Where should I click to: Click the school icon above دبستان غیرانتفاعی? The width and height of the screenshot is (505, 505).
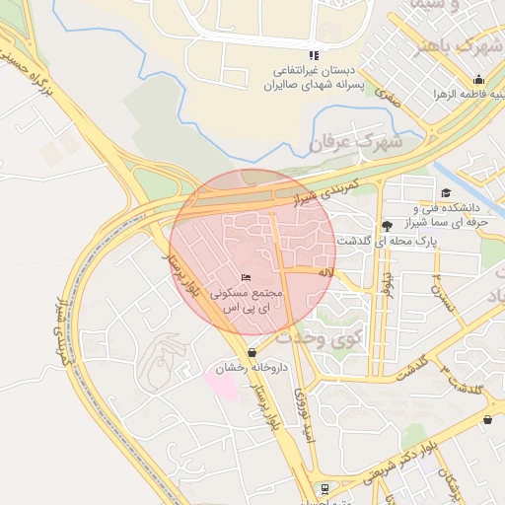(x=314, y=55)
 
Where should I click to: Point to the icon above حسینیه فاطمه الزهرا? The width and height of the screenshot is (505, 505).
(x=478, y=80)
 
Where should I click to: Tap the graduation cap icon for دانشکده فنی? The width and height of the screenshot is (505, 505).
(x=446, y=193)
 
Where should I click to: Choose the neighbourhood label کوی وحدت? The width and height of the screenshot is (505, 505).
(x=320, y=336)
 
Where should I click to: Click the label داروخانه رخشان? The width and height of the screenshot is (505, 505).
(x=251, y=368)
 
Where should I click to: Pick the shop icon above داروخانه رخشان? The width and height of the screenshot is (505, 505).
(x=252, y=352)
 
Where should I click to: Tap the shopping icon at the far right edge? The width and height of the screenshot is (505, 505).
(x=487, y=420)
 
